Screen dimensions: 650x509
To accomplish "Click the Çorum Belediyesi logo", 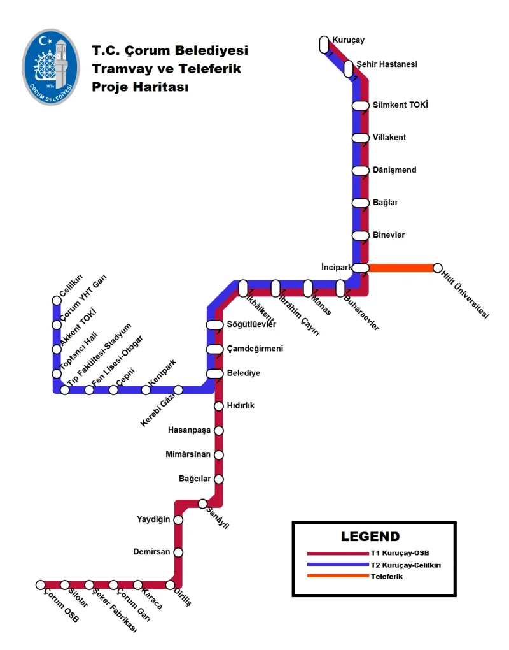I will coord(51,66).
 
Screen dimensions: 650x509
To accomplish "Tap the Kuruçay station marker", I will coord(324,44).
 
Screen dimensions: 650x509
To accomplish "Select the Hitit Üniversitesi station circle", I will coord(437,268).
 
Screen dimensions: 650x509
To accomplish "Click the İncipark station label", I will coord(337,265).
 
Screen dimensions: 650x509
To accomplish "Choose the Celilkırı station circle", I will coord(57,301).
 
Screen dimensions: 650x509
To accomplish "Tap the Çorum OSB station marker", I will coord(41,584).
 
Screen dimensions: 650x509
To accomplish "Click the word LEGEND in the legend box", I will coord(370,537).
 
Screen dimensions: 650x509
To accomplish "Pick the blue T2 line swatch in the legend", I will coord(337,565).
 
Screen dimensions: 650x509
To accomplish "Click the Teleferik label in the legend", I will coord(387,576).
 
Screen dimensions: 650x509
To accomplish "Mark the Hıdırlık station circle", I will coord(219,406).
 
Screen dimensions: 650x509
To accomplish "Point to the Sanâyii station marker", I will coord(202,503).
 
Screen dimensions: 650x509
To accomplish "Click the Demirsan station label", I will coord(151,551).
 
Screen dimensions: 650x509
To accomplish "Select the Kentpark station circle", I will coord(146,390).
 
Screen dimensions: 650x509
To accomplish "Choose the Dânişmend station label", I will coord(394,170).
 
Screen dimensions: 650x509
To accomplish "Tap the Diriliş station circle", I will coord(171,584).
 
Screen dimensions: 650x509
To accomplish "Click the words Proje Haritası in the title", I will coord(140,87).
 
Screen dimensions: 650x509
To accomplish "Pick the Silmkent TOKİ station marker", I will coord(361,105).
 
